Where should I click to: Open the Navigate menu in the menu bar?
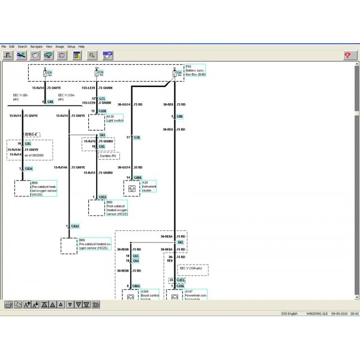(37, 46)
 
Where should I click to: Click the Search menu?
(22, 46)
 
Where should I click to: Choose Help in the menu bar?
(82, 46)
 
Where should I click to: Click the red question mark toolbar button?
(347, 55)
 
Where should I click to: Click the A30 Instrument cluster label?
(149, 187)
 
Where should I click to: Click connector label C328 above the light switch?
(102, 112)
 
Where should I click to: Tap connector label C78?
(137, 137)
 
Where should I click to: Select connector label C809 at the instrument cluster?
(137, 178)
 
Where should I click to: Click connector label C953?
(103, 197)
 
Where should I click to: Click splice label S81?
(102, 135)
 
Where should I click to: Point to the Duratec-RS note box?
(109, 155)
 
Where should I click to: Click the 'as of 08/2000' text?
(35, 154)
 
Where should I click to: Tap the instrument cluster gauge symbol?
(131, 188)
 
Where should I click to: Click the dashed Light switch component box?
(97, 122)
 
